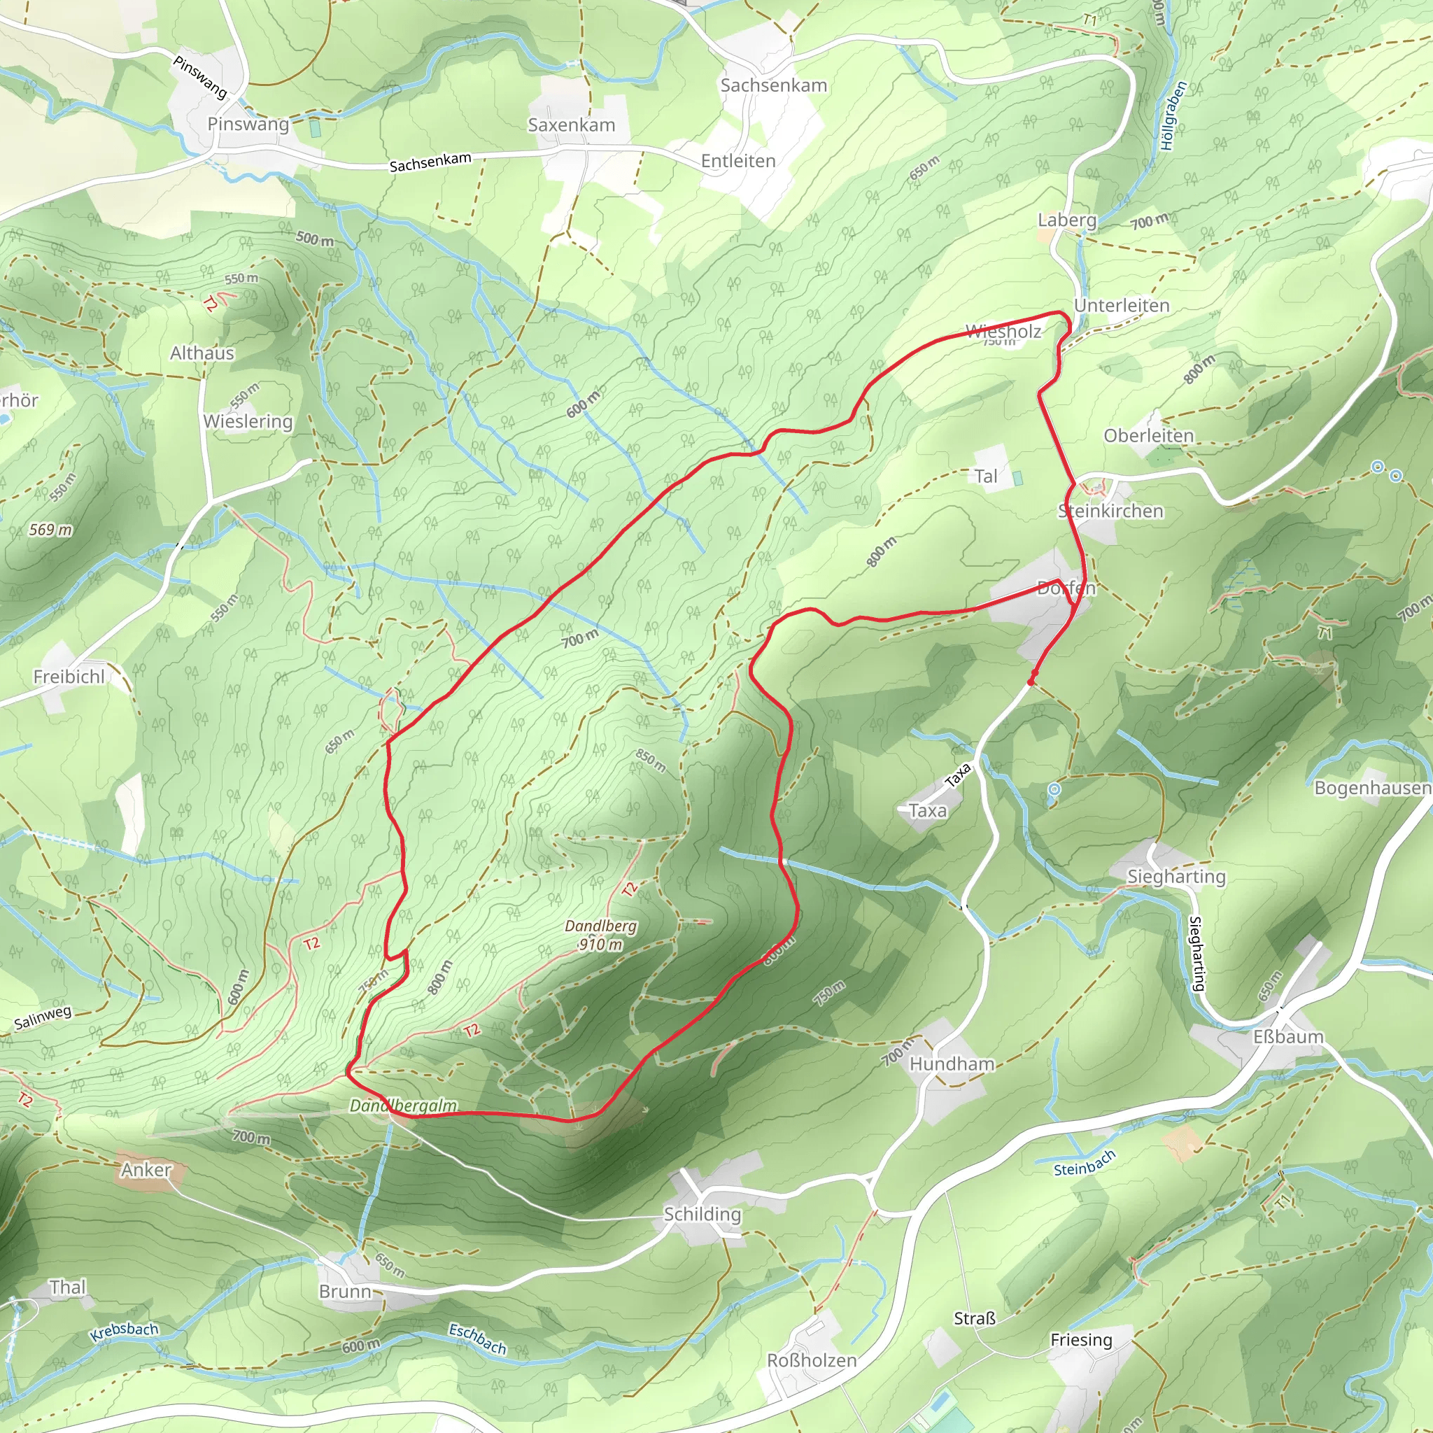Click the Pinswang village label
[248, 124]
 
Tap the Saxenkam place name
[571, 125]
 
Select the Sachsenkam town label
[774, 85]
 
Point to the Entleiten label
[738, 161]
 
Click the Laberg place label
[1066, 220]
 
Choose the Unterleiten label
[1122, 306]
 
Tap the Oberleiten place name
[1148, 435]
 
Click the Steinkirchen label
[1110, 511]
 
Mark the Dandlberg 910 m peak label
[600, 935]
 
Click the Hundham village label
[952, 1064]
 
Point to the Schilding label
[702, 1214]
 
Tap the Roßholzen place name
[812, 1360]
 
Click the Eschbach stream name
[477, 1339]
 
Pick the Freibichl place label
[69, 677]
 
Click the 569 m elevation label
[50, 530]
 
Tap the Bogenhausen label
[1371, 788]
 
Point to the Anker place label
[146, 1170]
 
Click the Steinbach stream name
[1085, 1164]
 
